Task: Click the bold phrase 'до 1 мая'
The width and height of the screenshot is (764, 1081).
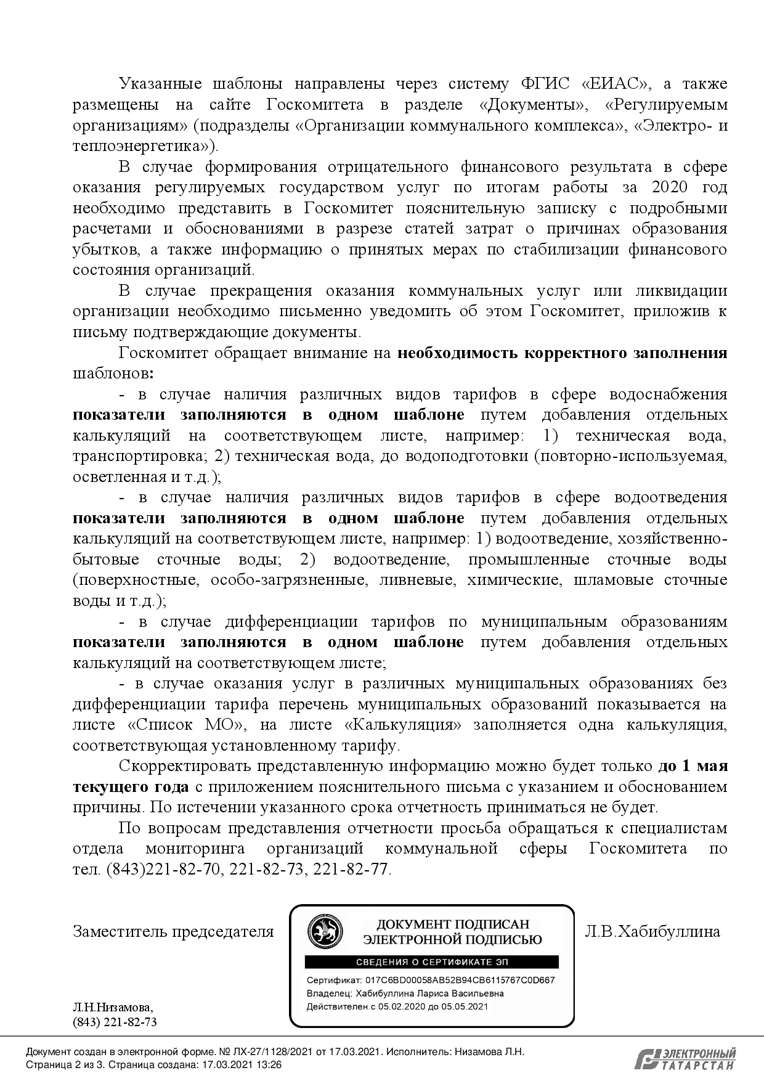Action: click(x=693, y=767)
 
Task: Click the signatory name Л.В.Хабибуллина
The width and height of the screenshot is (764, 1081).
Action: click(x=652, y=931)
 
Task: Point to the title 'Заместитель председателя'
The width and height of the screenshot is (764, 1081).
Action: click(x=173, y=931)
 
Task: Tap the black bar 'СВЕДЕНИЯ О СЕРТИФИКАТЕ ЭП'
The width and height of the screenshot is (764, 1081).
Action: click(x=432, y=962)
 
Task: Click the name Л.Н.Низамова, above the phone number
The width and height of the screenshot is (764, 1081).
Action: click(x=113, y=1008)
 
